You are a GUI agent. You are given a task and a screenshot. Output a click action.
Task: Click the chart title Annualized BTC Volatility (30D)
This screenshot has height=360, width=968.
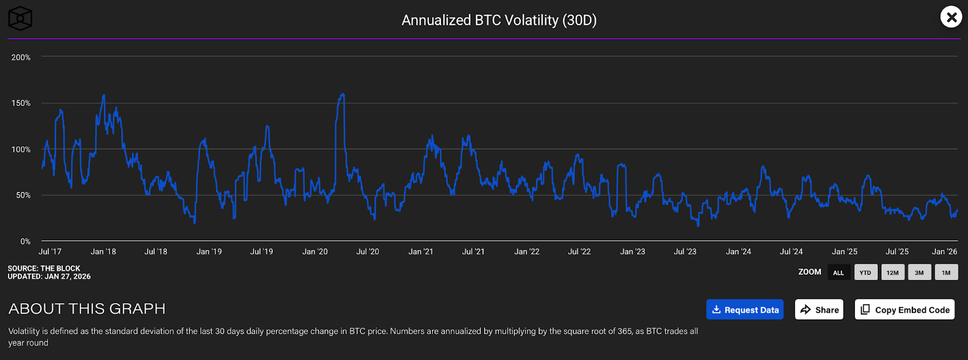[x=499, y=20]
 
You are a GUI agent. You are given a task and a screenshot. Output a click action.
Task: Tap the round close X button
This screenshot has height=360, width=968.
[x=951, y=17]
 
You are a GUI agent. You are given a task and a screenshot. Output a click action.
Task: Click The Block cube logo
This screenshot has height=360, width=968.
[x=20, y=18]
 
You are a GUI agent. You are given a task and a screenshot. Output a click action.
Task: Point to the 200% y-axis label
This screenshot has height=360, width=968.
[x=21, y=57]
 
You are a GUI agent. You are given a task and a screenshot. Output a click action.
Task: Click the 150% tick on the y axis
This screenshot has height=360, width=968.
[x=21, y=103]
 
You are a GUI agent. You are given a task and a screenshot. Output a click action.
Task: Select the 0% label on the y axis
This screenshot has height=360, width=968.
[x=25, y=241]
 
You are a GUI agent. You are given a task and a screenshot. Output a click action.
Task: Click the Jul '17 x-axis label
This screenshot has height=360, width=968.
[x=50, y=252]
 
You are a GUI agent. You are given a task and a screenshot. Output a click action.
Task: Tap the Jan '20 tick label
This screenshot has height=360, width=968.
[x=315, y=252]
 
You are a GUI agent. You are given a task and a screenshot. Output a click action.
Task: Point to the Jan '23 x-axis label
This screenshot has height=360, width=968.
[x=632, y=252]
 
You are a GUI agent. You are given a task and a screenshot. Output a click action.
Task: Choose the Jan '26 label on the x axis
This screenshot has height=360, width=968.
[x=944, y=252]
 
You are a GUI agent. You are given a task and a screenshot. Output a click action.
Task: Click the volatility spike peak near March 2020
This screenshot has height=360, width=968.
[x=343, y=94]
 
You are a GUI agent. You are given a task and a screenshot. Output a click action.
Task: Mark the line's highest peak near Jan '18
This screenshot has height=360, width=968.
[x=104, y=95]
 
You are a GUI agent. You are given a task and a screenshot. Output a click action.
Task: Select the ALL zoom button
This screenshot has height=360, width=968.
[x=838, y=273]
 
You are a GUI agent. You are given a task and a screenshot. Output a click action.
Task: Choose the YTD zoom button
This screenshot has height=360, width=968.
[x=865, y=273]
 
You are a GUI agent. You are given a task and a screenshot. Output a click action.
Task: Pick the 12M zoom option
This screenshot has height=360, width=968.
[x=892, y=273]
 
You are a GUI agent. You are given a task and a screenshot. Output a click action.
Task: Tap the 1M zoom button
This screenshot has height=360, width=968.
[x=946, y=273]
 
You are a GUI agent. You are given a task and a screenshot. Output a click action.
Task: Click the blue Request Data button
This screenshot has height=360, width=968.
[x=745, y=310]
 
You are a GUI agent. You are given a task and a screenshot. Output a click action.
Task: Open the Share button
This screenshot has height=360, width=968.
[x=819, y=310]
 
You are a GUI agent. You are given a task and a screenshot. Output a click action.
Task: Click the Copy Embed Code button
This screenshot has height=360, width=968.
[x=904, y=310]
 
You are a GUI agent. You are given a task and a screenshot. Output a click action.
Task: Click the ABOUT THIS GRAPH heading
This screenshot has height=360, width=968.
[x=87, y=309]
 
